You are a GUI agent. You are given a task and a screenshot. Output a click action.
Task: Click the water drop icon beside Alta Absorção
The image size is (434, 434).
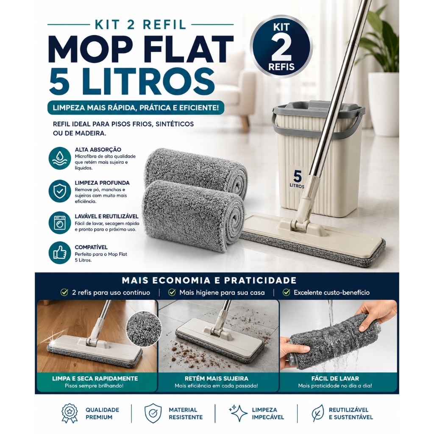[60, 159]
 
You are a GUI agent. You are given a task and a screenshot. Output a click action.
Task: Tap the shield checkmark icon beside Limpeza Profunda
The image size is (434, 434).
[60, 191]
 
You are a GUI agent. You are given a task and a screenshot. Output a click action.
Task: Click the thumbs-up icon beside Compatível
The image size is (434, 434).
[60, 253]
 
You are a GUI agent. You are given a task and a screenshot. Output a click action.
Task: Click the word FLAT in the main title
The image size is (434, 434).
[186, 50]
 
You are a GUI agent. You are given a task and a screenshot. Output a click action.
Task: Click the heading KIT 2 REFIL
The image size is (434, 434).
[140, 24]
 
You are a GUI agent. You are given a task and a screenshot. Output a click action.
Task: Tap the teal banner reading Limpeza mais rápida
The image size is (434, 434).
[136, 107]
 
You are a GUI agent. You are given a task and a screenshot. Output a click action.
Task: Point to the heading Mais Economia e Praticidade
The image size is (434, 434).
[209, 281]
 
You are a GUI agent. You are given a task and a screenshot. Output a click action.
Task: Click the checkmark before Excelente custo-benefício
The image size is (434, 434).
[287, 292]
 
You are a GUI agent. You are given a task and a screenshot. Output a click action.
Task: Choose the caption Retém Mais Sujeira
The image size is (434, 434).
[217, 378]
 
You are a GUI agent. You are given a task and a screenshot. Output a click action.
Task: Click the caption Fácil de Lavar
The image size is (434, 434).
[335, 378]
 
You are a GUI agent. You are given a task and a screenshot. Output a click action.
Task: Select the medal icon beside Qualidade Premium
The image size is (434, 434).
[70, 413]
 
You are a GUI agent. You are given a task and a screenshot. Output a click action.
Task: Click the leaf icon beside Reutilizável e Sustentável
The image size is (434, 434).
[317, 413]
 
